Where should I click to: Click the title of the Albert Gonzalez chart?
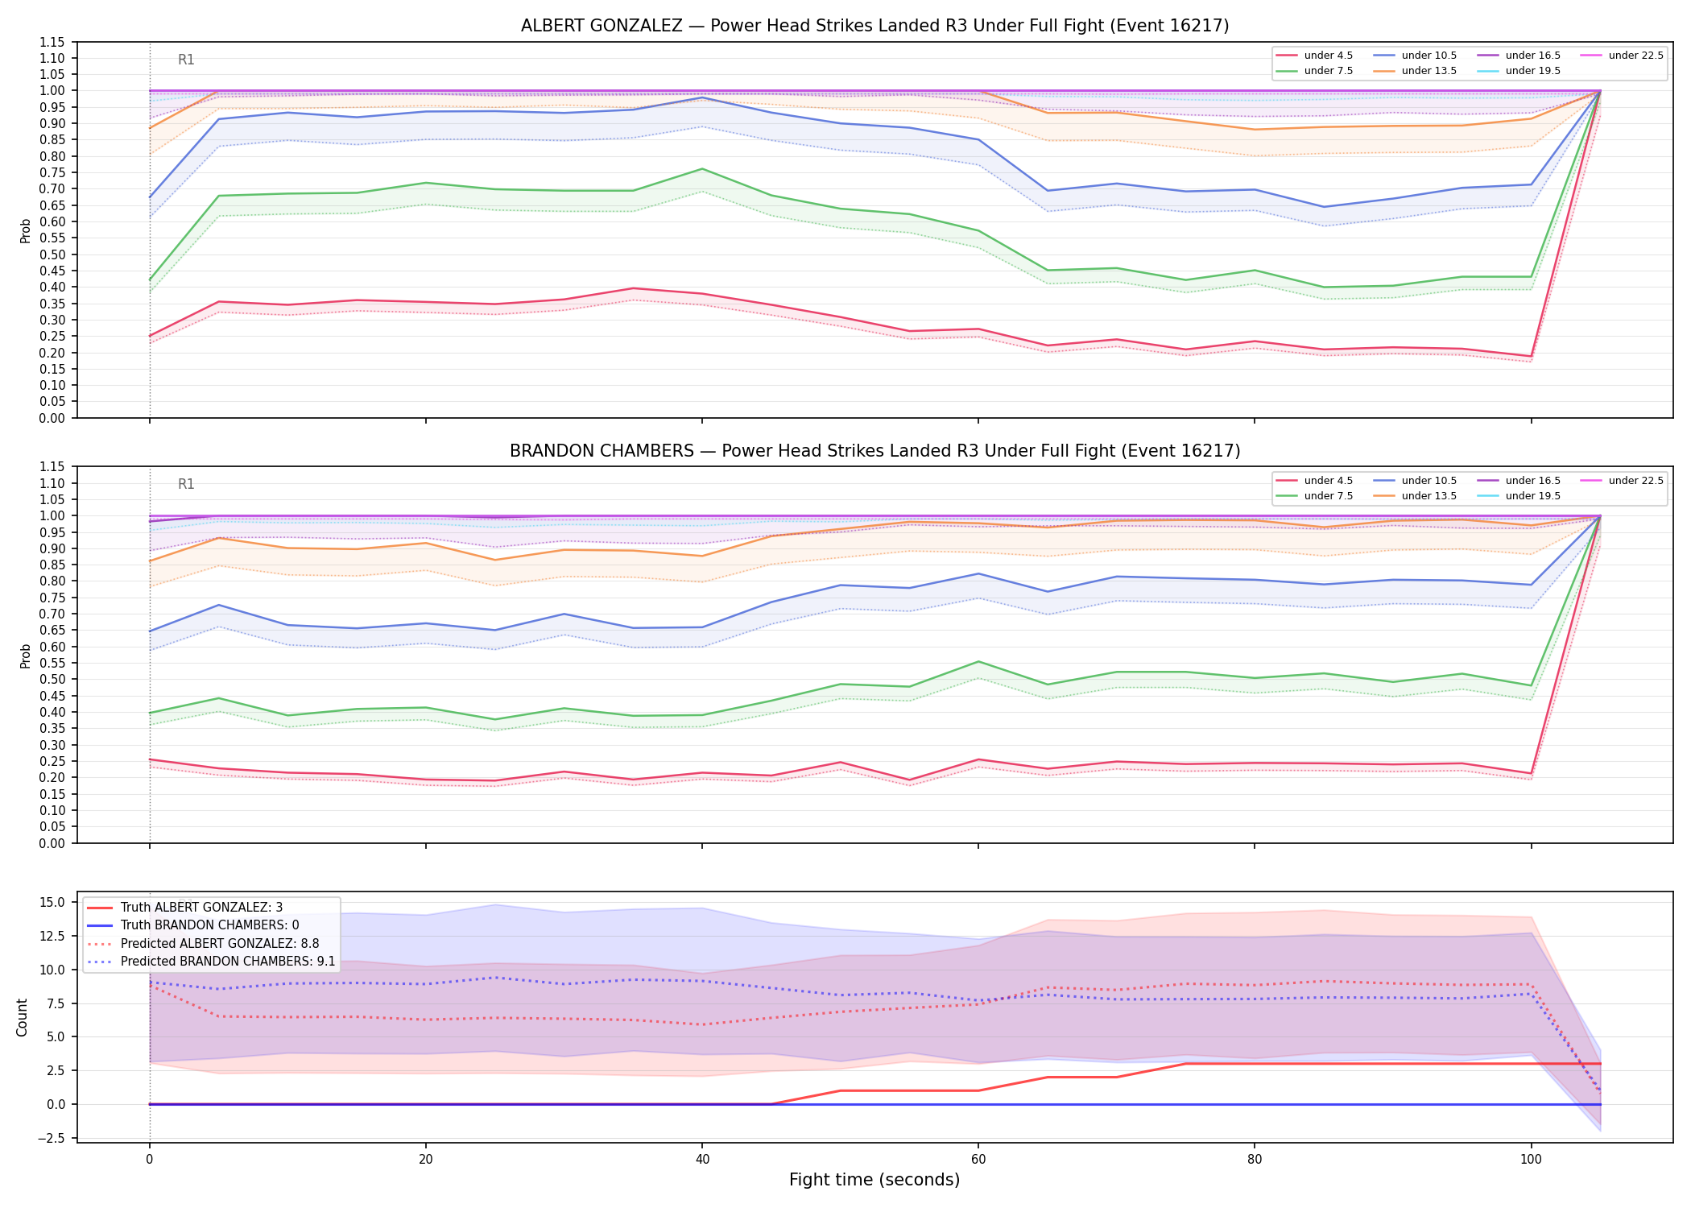click(x=874, y=26)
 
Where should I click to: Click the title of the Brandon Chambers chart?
click(x=874, y=451)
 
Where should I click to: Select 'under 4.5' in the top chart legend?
click(x=1328, y=56)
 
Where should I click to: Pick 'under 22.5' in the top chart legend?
click(x=1635, y=56)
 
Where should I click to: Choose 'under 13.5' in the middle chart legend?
click(x=1428, y=496)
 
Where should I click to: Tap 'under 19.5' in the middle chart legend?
click(x=1532, y=496)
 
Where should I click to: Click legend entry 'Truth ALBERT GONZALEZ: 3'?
click(x=201, y=908)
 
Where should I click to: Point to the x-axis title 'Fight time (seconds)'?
click(x=874, y=1180)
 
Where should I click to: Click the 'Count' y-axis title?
click(x=22, y=1017)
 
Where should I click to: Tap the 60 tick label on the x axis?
click(x=978, y=1160)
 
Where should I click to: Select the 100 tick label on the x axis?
click(x=1531, y=1160)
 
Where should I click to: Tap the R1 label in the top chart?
click(x=186, y=60)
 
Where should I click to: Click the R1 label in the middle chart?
click(x=186, y=484)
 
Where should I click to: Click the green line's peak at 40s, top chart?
click(x=702, y=168)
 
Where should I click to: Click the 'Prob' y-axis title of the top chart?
click(x=26, y=230)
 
